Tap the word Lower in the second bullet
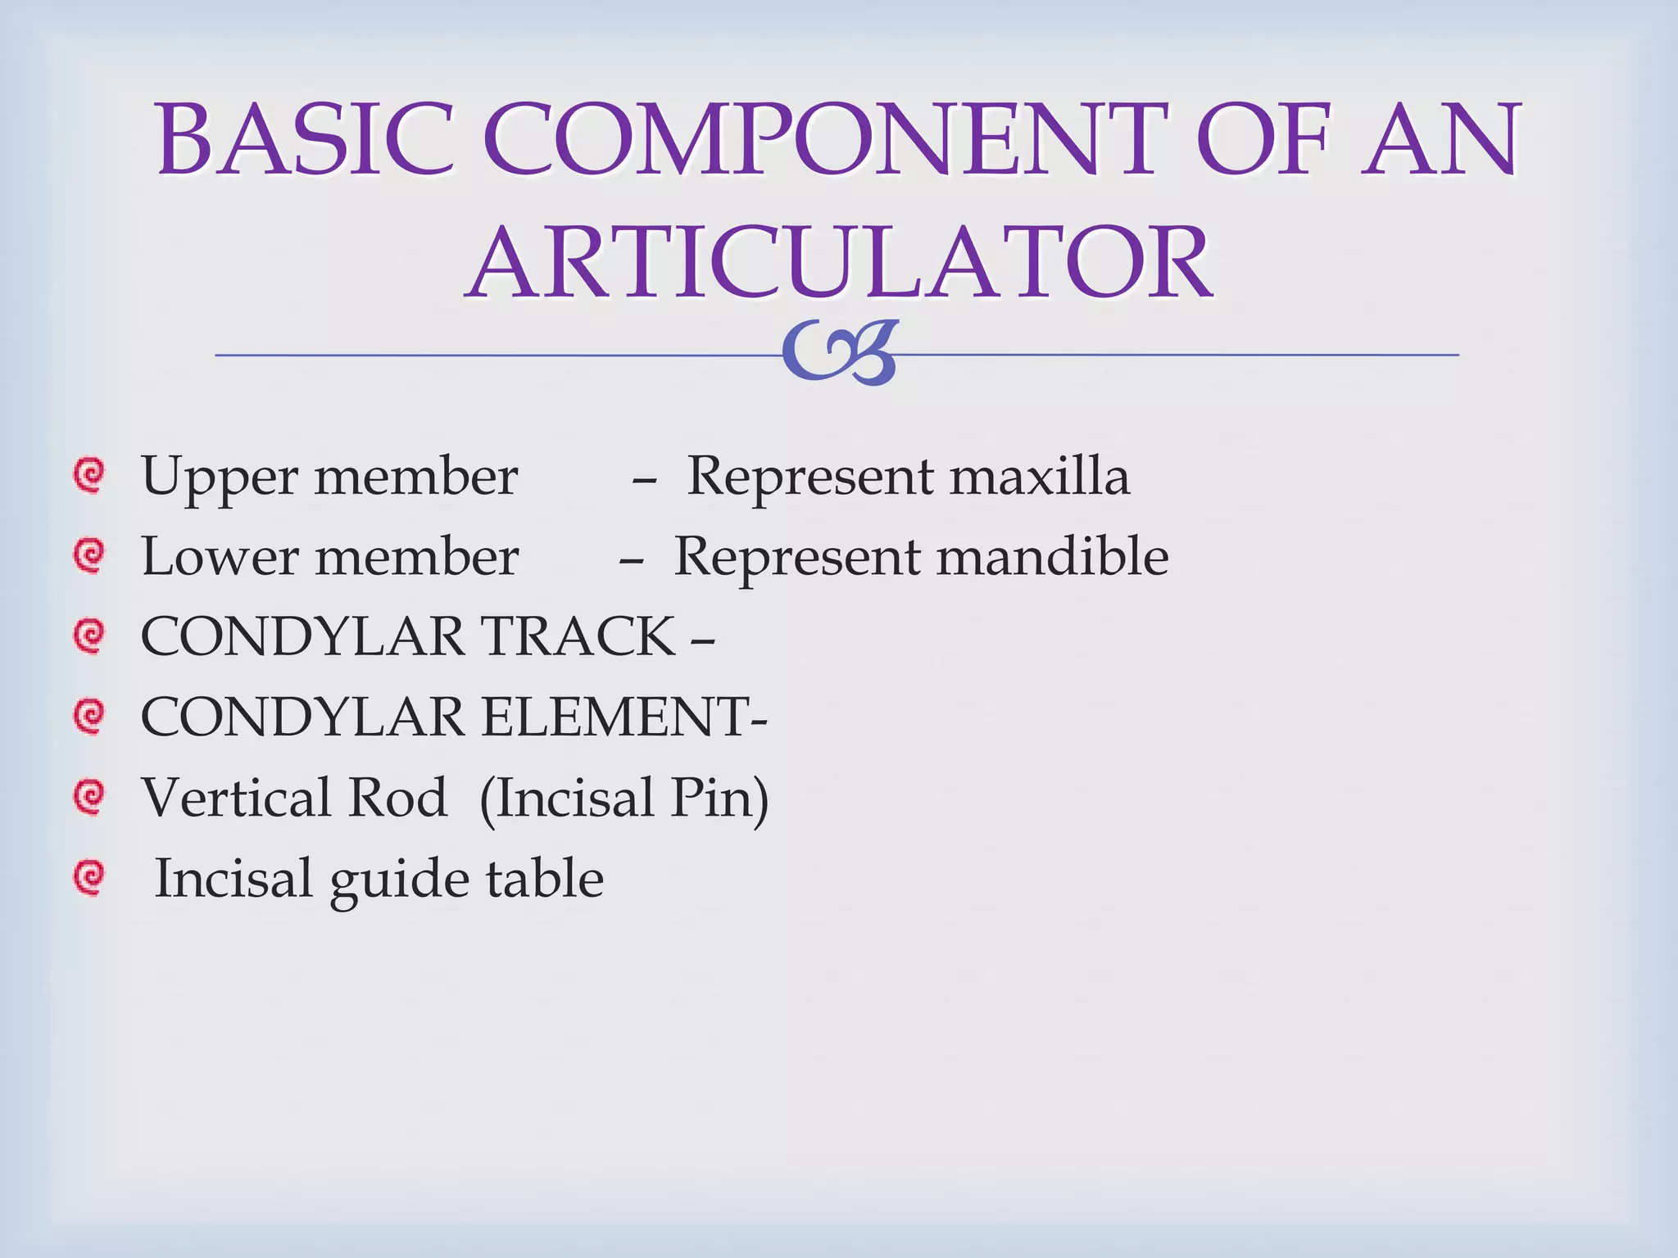[x=220, y=557]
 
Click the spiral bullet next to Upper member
[x=88, y=476]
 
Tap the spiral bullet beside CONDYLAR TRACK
[x=88, y=636]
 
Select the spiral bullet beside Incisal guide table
[x=88, y=877]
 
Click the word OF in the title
[x=1262, y=139]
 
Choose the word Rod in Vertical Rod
[x=397, y=797]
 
